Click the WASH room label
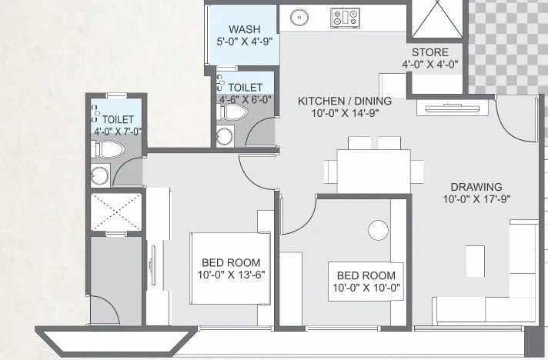(x=244, y=30)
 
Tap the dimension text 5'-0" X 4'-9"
(x=244, y=42)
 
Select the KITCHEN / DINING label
(x=345, y=101)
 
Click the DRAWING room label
(x=476, y=187)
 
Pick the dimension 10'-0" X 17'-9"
(x=476, y=198)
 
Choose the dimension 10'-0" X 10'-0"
(x=366, y=288)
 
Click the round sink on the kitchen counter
(x=297, y=16)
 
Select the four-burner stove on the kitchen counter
(x=344, y=16)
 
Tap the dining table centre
(x=373, y=170)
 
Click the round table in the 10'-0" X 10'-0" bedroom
(x=378, y=230)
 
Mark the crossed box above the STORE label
(x=436, y=18)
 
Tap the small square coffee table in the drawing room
(x=475, y=262)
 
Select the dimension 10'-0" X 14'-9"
(x=345, y=113)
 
